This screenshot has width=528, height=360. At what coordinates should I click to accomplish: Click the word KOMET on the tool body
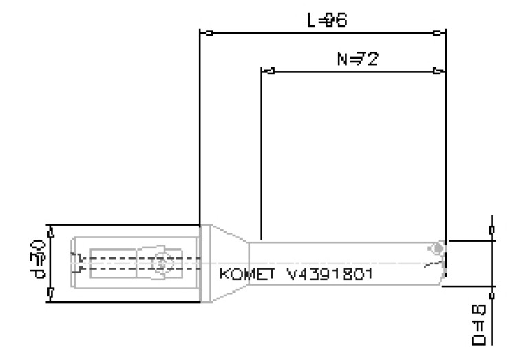click(x=243, y=274)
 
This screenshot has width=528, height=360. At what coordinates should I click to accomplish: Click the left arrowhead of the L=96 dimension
click(x=204, y=32)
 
